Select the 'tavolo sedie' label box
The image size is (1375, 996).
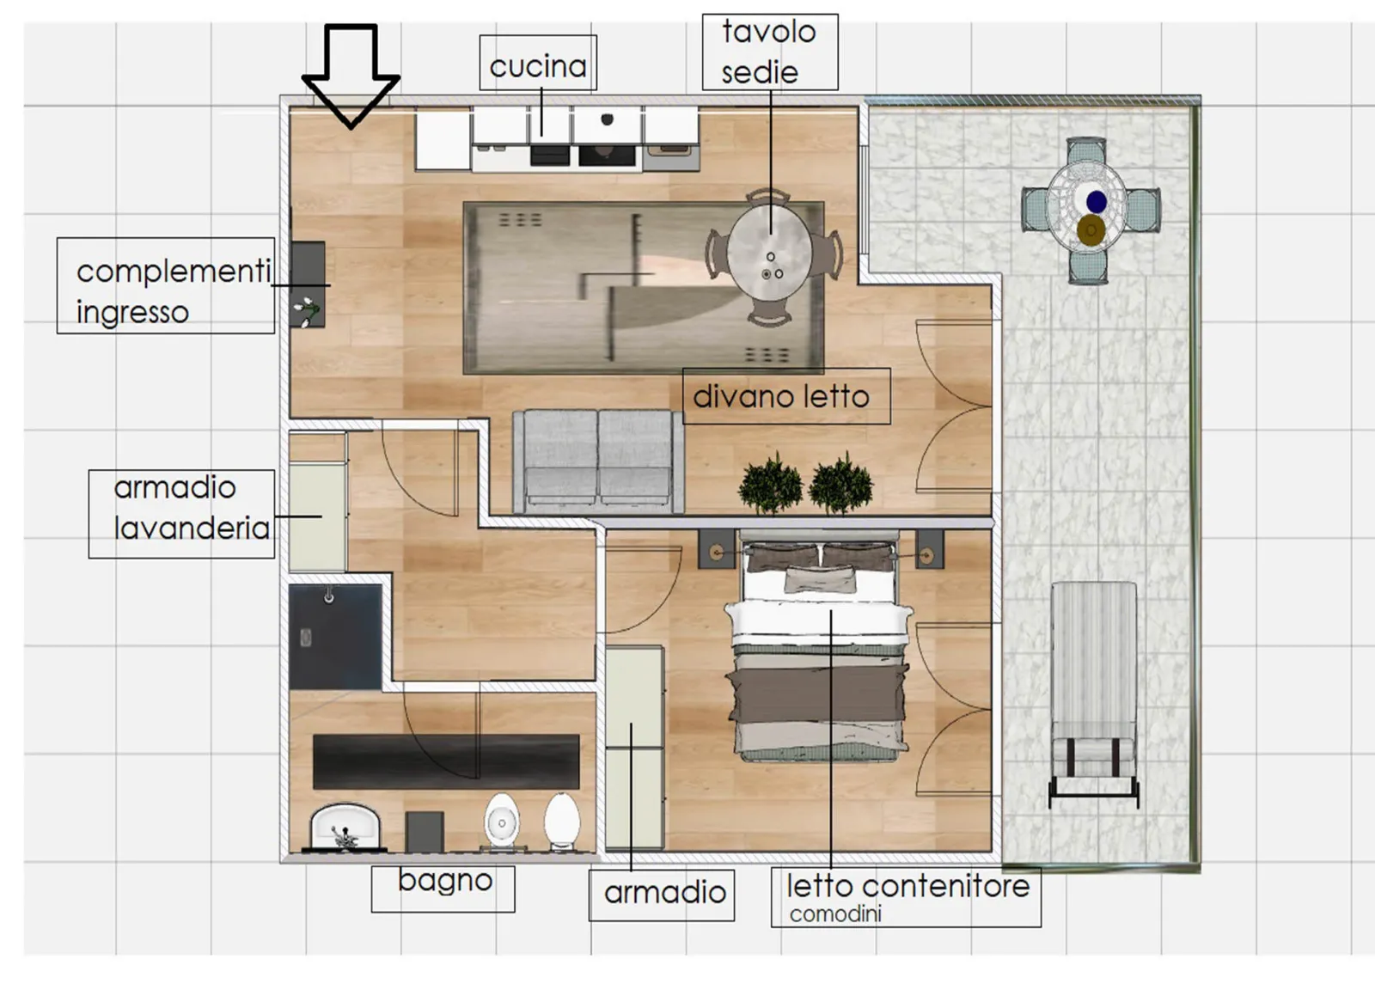(770, 52)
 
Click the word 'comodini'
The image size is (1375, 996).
(834, 914)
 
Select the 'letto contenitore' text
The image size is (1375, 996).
(907, 886)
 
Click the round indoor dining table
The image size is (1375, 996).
(770, 257)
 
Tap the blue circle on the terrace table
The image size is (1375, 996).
(1097, 201)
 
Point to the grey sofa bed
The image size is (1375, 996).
(598, 461)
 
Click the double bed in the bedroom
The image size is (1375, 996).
(819, 651)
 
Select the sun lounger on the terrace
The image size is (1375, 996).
(1093, 694)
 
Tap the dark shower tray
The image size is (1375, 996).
(335, 637)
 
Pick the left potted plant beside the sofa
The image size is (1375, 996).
(770, 484)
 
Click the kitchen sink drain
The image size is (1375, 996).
(607, 119)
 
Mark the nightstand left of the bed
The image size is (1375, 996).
(717, 549)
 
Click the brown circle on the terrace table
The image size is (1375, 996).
(1091, 230)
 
